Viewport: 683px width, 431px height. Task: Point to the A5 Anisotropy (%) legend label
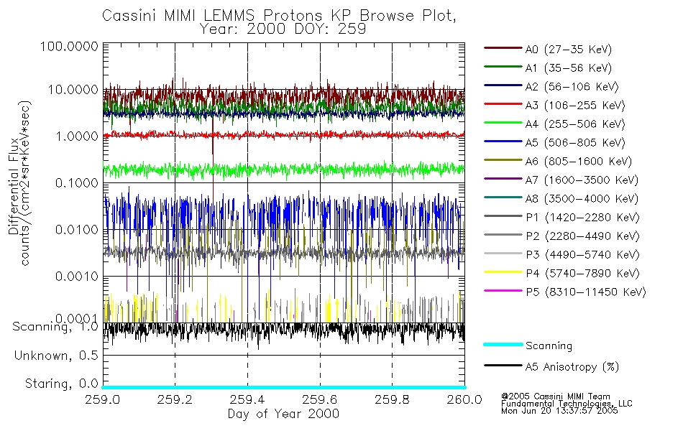(x=572, y=367)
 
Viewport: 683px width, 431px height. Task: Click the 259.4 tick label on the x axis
(x=247, y=399)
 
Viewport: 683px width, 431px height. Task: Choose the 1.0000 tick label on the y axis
(x=75, y=136)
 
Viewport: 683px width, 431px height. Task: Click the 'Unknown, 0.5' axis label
(x=56, y=356)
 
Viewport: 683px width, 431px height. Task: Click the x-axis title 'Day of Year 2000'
(x=283, y=414)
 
